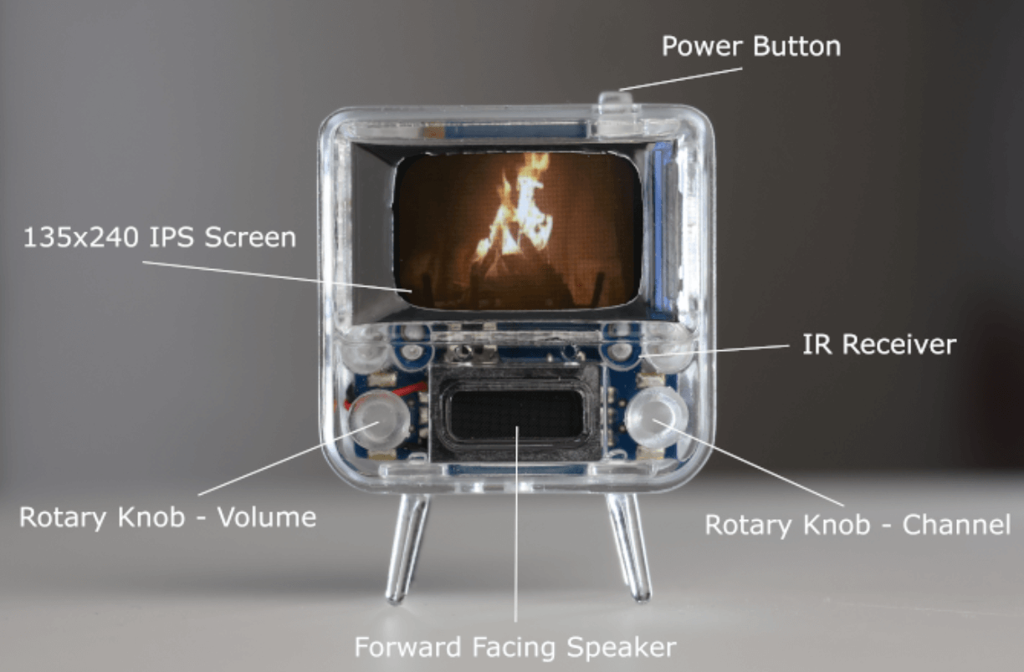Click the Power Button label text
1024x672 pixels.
click(751, 47)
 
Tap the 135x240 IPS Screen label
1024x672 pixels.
click(160, 237)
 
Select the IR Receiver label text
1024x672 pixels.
click(879, 344)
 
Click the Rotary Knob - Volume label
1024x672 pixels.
click(168, 517)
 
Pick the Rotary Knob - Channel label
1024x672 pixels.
click(858, 525)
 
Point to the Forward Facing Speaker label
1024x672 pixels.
click(515, 647)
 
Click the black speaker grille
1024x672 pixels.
click(515, 414)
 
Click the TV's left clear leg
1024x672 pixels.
click(407, 547)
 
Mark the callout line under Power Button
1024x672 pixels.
click(681, 79)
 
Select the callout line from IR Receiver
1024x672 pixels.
click(715, 350)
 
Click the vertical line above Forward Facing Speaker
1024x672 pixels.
click(516, 523)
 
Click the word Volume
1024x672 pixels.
click(267, 517)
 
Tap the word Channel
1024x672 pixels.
click(956, 525)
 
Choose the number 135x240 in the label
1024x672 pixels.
click(80, 237)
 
